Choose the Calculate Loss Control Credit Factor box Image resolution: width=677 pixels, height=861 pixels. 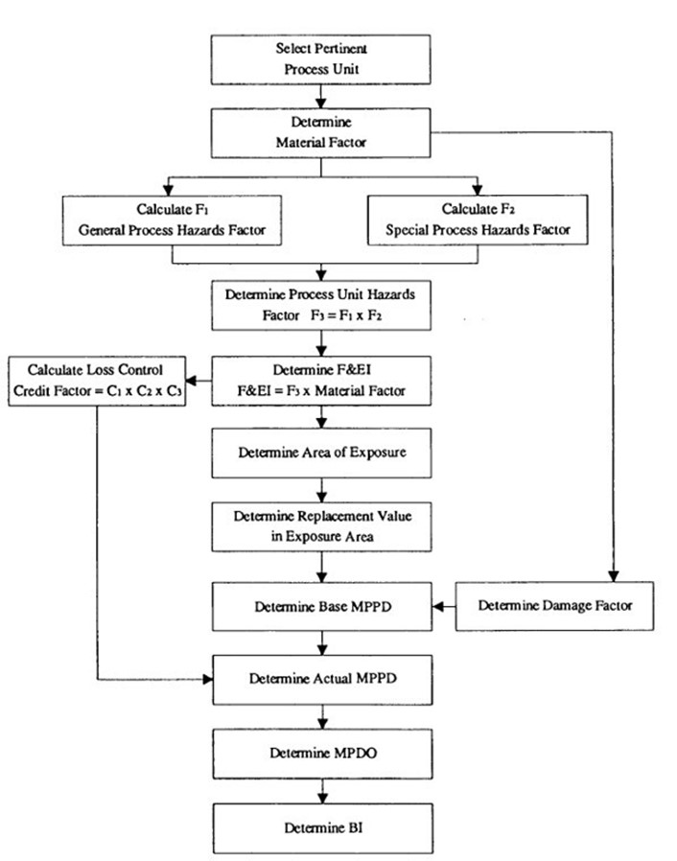[97, 381]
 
